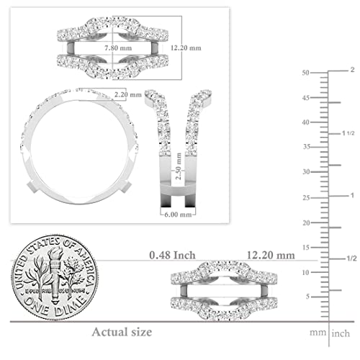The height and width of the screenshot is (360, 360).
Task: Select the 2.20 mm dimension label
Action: [130, 94]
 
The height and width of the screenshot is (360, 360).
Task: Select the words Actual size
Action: [122, 332]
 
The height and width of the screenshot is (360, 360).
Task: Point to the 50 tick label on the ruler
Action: [306, 73]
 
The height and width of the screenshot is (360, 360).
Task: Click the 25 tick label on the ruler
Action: [306, 197]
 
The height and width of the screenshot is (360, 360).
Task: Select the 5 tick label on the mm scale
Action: [308, 296]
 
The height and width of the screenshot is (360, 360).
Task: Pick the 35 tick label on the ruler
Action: [306, 147]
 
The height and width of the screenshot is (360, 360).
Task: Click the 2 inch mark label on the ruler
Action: [352, 70]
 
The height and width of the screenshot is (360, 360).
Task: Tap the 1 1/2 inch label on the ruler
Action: [351, 133]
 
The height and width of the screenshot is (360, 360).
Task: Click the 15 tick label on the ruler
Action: [306, 247]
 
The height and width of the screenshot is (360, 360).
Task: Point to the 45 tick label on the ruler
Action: [306, 97]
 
